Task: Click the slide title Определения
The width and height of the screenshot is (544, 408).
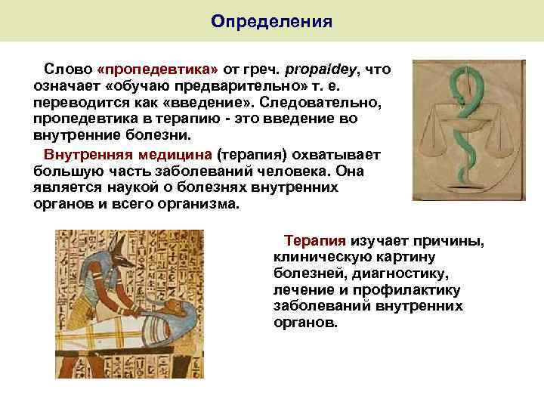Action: pyautogui.click(x=271, y=20)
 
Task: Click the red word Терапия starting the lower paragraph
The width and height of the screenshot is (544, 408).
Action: pyautogui.click(x=314, y=241)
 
